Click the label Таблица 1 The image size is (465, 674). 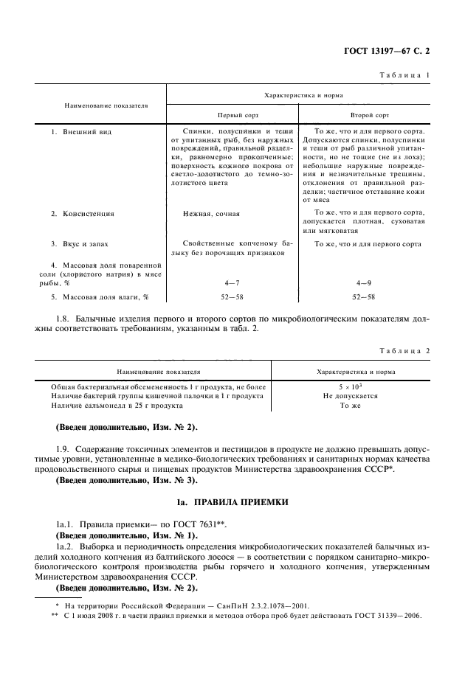tap(405, 76)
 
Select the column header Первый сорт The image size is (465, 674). tap(232, 116)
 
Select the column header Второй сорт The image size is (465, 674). tap(369, 116)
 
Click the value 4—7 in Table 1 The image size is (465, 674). tap(232, 282)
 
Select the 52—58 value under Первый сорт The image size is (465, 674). tap(232, 296)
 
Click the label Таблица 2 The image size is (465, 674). tap(404, 351)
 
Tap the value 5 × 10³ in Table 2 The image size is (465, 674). tap(350, 386)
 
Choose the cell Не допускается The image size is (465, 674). tap(350, 396)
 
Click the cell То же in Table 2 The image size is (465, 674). tap(350, 406)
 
